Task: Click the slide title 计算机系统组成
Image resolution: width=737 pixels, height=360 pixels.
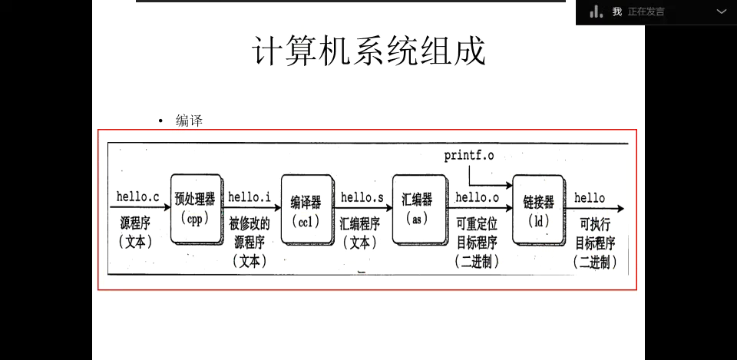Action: click(368, 52)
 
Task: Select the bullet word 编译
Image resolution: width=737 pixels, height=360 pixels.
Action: click(189, 121)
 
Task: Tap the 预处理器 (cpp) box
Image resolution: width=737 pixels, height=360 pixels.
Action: click(195, 208)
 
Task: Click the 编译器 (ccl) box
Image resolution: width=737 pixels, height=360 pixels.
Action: click(306, 210)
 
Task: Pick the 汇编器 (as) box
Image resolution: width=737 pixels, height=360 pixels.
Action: click(417, 208)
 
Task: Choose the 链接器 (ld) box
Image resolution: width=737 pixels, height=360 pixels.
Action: click(538, 210)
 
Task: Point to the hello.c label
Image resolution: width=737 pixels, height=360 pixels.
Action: click(137, 197)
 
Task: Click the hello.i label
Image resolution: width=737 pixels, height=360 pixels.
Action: click(250, 197)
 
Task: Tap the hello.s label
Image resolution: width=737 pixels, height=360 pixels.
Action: click(362, 197)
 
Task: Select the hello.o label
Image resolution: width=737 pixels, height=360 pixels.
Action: click(477, 197)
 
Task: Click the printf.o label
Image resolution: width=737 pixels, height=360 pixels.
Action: click(469, 156)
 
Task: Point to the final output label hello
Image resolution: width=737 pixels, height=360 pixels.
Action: click(590, 198)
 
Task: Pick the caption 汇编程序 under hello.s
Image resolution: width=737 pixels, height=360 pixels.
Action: click(359, 224)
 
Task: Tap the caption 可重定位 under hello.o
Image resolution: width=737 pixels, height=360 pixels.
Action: click(477, 224)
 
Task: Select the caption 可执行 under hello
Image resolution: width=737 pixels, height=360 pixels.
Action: click(595, 224)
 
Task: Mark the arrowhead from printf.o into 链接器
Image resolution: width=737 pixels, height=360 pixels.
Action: click(508, 185)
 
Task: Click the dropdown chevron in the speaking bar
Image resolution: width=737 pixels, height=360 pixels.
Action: click(722, 12)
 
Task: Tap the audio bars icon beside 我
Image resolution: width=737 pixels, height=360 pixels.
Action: click(597, 12)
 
